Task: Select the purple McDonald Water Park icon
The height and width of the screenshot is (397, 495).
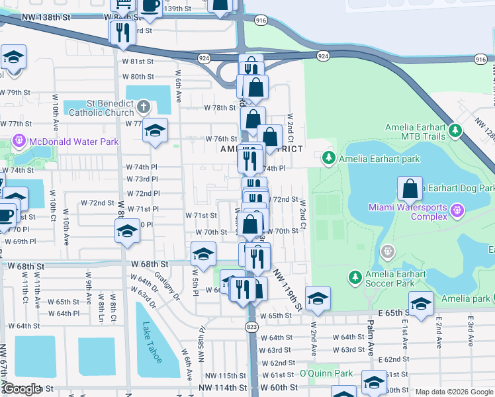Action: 18,142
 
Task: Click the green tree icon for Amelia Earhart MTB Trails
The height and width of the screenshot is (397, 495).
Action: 455,131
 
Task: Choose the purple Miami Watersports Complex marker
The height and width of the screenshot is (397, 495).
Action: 457,211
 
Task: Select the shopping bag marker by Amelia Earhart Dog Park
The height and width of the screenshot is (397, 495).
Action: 410,189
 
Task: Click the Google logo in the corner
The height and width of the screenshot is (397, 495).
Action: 22,389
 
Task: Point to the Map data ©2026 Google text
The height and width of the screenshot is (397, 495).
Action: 454,392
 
